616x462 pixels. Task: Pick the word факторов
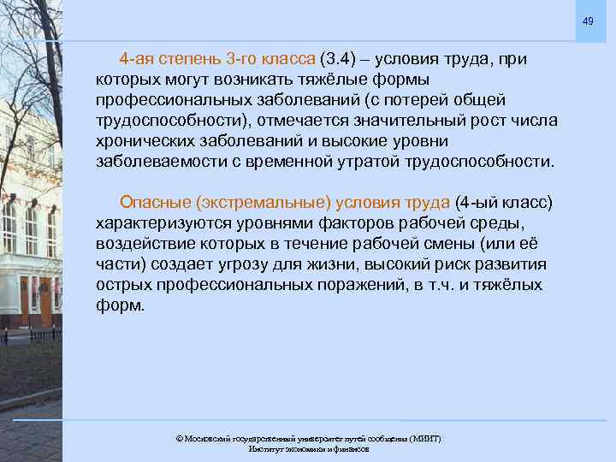pos(381,222)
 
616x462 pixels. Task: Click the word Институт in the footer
pos(266,449)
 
